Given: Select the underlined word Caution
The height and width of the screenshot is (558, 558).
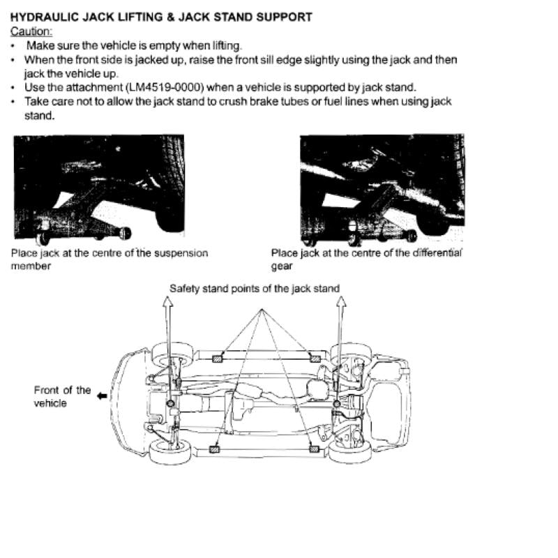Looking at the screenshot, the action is pyautogui.click(x=31, y=31).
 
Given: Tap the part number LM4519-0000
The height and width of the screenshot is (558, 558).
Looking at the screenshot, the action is pyautogui.click(x=165, y=88).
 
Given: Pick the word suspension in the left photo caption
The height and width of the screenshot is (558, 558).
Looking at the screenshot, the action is pyautogui.click(x=181, y=253).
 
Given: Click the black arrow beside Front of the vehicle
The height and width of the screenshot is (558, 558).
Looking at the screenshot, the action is pyautogui.click(x=102, y=395).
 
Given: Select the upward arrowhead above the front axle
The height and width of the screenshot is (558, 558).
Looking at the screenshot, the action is pyautogui.click(x=168, y=301).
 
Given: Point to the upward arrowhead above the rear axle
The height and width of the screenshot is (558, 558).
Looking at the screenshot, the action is pyautogui.click(x=341, y=301).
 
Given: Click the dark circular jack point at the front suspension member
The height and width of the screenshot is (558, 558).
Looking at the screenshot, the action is pyautogui.click(x=170, y=404).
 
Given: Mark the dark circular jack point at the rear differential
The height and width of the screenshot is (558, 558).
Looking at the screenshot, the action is pyautogui.click(x=337, y=404).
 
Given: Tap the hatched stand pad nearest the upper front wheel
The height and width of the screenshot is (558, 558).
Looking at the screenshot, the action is pyautogui.click(x=217, y=359).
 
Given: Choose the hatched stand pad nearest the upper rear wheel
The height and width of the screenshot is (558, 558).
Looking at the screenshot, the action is pyautogui.click(x=315, y=359).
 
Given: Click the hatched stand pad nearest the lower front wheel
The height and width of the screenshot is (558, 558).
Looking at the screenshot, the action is pyautogui.click(x=214, y=449).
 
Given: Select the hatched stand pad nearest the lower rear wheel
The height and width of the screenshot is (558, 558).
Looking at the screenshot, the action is pyautogui.click(x=314, y=449).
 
